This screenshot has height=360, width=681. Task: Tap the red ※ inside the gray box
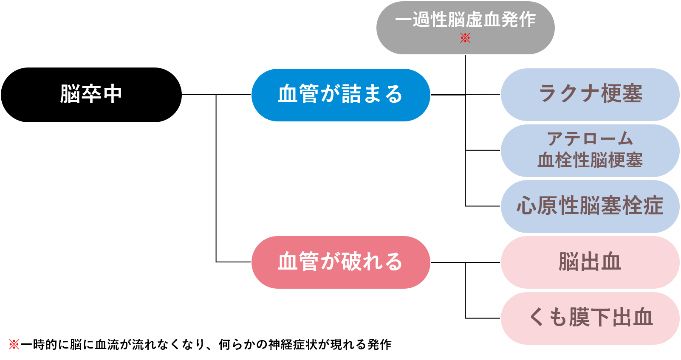465,38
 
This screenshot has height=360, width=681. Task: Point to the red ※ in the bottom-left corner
14,344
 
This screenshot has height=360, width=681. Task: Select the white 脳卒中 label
91,94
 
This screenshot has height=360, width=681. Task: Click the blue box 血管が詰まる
341,95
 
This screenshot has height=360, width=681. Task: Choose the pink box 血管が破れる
341,262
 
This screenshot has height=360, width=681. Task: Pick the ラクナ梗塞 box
590,94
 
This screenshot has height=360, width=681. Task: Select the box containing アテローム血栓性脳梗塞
590,150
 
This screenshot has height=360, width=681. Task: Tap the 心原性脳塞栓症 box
590,206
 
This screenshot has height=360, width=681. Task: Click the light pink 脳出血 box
590,262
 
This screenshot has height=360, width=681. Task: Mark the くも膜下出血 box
590,318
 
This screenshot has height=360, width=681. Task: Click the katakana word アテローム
590,139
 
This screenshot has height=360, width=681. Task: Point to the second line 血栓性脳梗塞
590,160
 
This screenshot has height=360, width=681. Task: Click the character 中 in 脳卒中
112,94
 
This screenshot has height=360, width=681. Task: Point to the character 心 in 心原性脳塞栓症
526,206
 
